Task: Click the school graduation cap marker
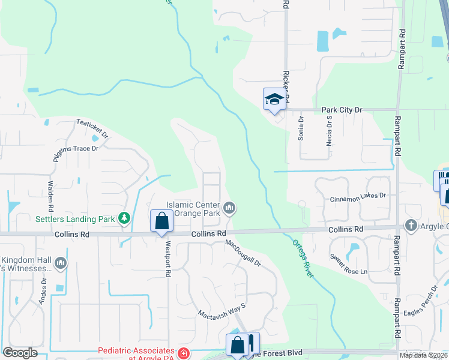[x=273, y=100]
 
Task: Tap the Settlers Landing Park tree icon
[x=124, y=218]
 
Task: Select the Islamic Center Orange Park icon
[x=229, y=208]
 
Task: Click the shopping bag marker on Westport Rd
[x=161, y=221]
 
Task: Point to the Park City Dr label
[x=342, y=110]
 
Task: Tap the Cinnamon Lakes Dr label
[x=358, y=196]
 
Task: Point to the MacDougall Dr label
[x=244, y=253]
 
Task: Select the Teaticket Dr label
[x=92, y=127]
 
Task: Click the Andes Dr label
[x=42, y=292]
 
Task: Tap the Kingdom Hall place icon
[x=60, y=263]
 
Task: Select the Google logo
[x=20, y=353]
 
